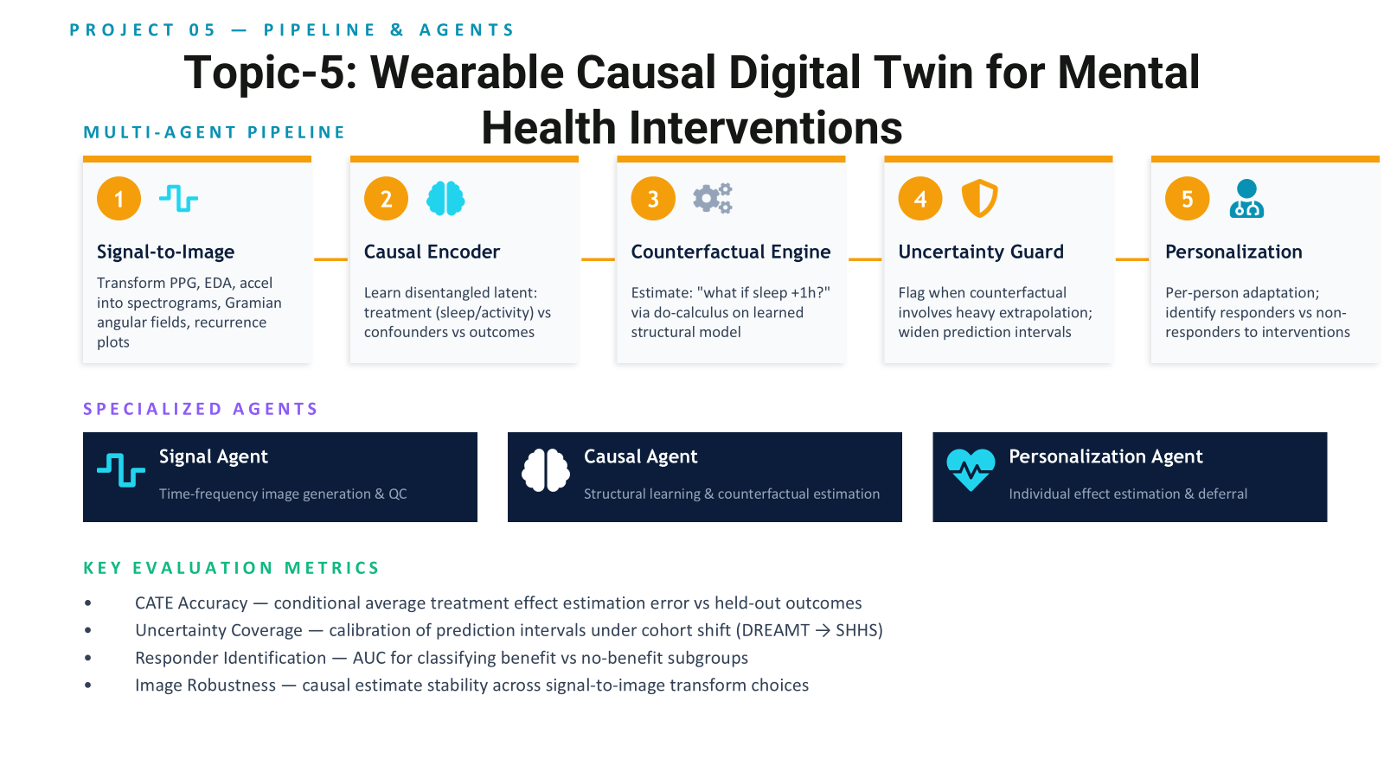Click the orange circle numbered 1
pyautogui.click(x=119, y=198)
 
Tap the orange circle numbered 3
pyautogui.click(x=653, y=198)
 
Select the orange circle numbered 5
pyautogui.click(x=1187, y=198)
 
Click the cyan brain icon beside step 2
pyautogui.click(x=445, y=198)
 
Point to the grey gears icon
pyautogui.click(x=713, y=198)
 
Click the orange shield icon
pyautogui.click(x=980, y=198)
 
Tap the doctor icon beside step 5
pyautogui.click(x=1246, y=198)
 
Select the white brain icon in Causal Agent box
pyautogui.click(x=546, y=470)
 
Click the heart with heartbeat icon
pyautogui.click(x=971, y=470)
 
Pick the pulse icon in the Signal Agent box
pyautogui.click(x=121, y=470)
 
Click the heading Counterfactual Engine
pyautogui.click(x=730, y=252)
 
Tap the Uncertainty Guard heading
pyautogui.click(x=981, y=252)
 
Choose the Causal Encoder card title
pyautogui.click(x=432, y=252)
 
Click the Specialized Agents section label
pyautogui.click(x=200, y=409)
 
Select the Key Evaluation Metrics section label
pyautogui.click(x=231, y=568)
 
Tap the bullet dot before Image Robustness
pyautogui.click(x=88, y=685)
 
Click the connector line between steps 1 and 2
pyautogui.click(x=330, y=259)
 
